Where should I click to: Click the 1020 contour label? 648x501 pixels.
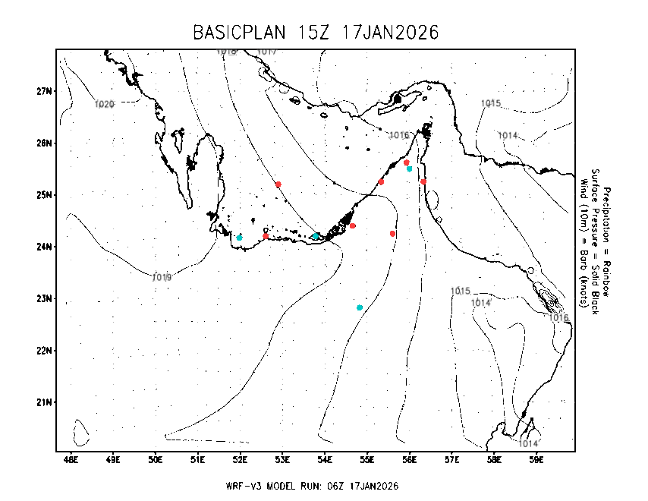coord(104,104)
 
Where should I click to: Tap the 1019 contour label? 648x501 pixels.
coord(162,277)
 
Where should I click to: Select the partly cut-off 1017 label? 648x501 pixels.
coord(267,52)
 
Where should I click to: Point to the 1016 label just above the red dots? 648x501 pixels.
coord(399,135)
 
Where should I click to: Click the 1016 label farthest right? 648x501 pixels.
coord(558,317)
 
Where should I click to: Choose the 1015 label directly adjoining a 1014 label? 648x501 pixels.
coord(461,291)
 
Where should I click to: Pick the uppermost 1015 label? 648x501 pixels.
coord(491,103)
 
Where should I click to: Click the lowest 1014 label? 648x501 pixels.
coord(528,443)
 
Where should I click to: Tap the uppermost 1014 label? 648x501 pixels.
coord(508,135)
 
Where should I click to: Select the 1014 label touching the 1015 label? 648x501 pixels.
coord(481,303)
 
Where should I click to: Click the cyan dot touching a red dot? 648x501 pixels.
coord(410,169)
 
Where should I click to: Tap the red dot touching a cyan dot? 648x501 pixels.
coord(407,162)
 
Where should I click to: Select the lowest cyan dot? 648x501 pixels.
coord(360,307)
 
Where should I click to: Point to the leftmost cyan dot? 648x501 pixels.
coord(239,238)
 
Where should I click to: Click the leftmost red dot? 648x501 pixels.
coord(266,236)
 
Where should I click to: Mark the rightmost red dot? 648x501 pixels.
coord(423,181)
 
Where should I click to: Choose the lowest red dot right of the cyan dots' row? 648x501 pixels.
coord(392,234)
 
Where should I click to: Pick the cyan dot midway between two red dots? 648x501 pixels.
coord(316,236)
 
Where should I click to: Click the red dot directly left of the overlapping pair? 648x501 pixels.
coord(381,181)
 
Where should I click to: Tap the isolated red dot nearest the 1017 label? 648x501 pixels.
coord(278,184)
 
